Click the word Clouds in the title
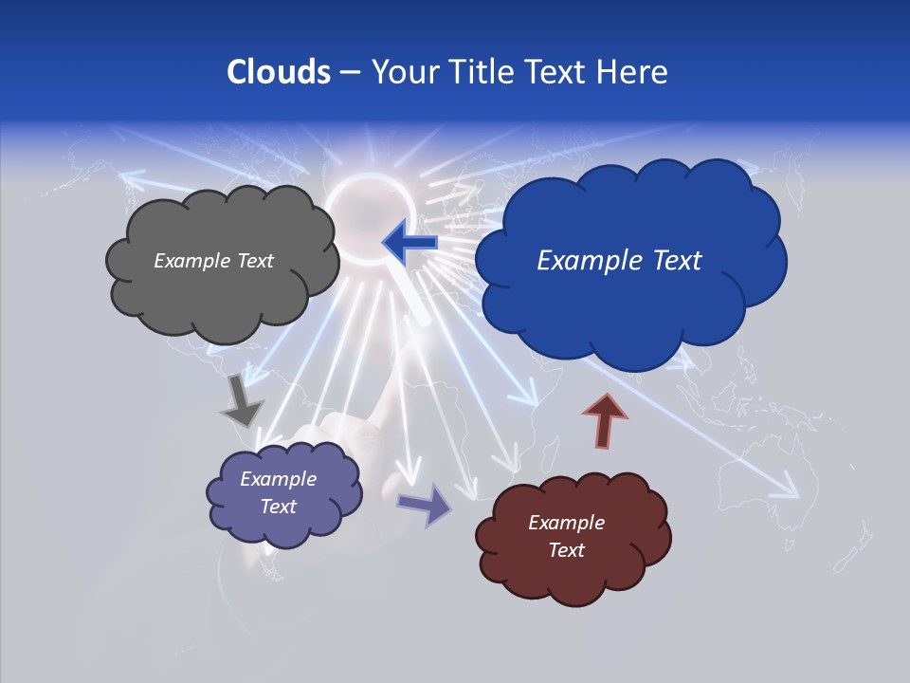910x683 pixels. [278, 72]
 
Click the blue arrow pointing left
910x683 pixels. [409, 243]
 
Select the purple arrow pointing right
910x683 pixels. [425, 504]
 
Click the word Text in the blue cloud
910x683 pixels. [670, 261]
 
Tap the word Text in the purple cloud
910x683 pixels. [279, 507]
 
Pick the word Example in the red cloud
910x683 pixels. [566, 523]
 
